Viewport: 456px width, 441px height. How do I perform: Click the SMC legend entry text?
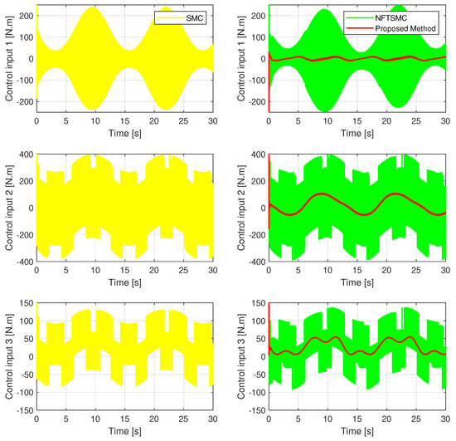(x=196, y=16)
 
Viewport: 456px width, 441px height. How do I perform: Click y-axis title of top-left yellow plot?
(x=7, y=58)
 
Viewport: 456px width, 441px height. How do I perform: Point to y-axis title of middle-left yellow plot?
(x=7, y=208)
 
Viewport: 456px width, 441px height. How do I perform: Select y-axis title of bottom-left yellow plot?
(x=7, y=358)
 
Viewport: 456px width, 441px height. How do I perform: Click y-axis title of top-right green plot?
(x=240, y=58)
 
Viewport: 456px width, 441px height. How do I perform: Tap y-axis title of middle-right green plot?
(x=240, y=208)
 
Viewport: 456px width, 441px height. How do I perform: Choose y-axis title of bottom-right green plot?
(x=240, y=358)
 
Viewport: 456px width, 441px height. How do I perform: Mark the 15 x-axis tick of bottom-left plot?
(x=124, y=419)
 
